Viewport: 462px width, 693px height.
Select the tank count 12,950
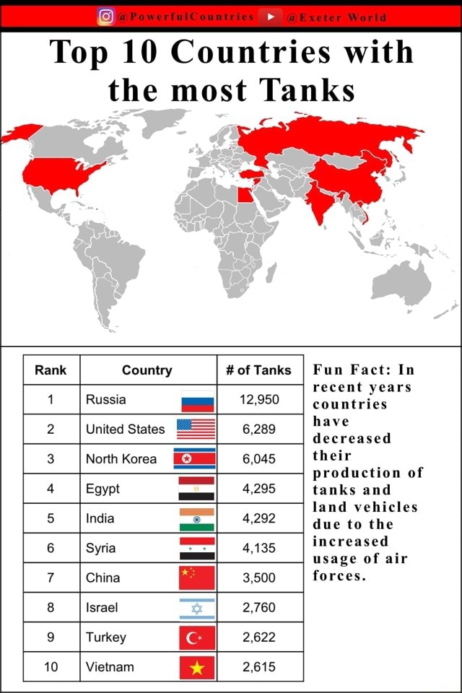click(x=258, y=399)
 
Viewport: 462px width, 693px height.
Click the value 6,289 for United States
click(x=258, y=429)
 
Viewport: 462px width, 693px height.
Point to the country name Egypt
click(x=103, y=489)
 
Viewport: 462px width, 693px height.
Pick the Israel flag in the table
click(x=196, y=608)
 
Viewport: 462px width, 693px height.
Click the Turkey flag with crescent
click(x=196, y=637)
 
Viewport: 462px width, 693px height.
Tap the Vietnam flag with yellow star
click(x=196, y=667)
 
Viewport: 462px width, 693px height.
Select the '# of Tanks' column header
click(x=258, y=370)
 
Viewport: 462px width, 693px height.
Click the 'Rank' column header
click(x=51, y=370)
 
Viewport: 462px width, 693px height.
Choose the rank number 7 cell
click(x=51, y=577)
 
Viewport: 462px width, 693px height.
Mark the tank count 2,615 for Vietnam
click(x=258, y=667)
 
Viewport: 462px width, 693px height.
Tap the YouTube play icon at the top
click(x=274, y=17)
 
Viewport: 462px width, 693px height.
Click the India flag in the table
click(x=196, y=519)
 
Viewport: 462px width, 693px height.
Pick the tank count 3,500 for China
click(x=258, y=577)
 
